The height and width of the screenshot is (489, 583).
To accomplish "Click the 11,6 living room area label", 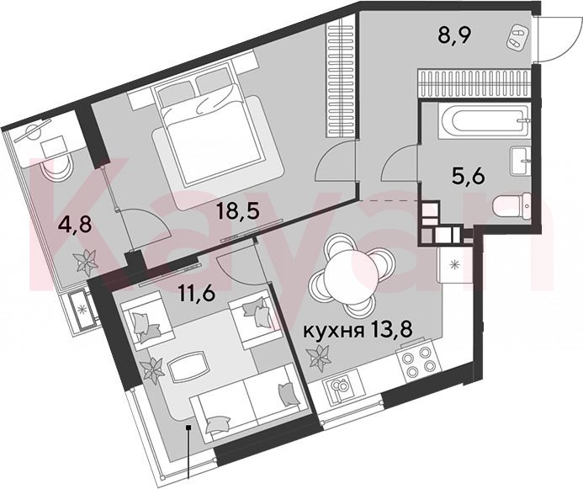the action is pos(197,295).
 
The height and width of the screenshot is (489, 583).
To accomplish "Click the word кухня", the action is pos(333,331).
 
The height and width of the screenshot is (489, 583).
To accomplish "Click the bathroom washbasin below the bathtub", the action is pos(522,161).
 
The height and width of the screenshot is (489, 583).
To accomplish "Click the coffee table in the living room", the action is pos(188,365).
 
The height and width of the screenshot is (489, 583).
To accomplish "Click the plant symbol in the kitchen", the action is pos(319,356).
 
